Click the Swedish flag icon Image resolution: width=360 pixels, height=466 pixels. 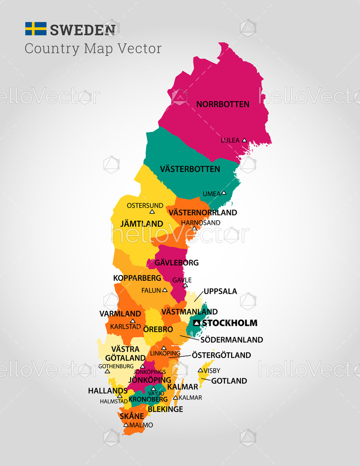tap(35, 29)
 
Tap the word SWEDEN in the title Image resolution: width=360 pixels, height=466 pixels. tap(82, 30)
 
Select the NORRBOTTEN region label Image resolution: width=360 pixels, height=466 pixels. tap(223, 104)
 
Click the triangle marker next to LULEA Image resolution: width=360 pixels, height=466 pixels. tap(244, 140)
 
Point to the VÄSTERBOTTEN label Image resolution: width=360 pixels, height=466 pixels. tap(190, 169)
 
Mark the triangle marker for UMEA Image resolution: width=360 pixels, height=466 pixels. tap(223, 192)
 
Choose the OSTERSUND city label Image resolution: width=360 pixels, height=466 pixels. tap(145, 205)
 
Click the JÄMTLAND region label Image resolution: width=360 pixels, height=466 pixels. tap(142, 223)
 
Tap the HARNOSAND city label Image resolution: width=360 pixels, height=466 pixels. tap(201, 223)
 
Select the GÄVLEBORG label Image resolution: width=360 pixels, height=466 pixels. tap(177, 263)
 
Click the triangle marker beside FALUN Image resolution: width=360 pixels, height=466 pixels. tap(165, 290)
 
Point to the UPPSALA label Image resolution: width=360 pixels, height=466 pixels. tap(220, 291)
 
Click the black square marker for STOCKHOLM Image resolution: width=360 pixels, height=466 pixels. tap(197, 323)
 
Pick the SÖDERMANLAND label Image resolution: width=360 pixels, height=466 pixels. tap(232, 339)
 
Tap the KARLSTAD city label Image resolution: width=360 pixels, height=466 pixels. tap(126, 326)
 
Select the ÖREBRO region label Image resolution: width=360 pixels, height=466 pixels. tap(158, 329)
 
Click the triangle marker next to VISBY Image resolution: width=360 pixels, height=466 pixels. tap(200, 370)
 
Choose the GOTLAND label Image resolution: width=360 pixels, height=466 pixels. tap(229, 381)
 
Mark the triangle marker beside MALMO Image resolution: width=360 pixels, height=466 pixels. tap(126, 425)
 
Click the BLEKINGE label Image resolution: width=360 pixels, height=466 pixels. tap(165, 409)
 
